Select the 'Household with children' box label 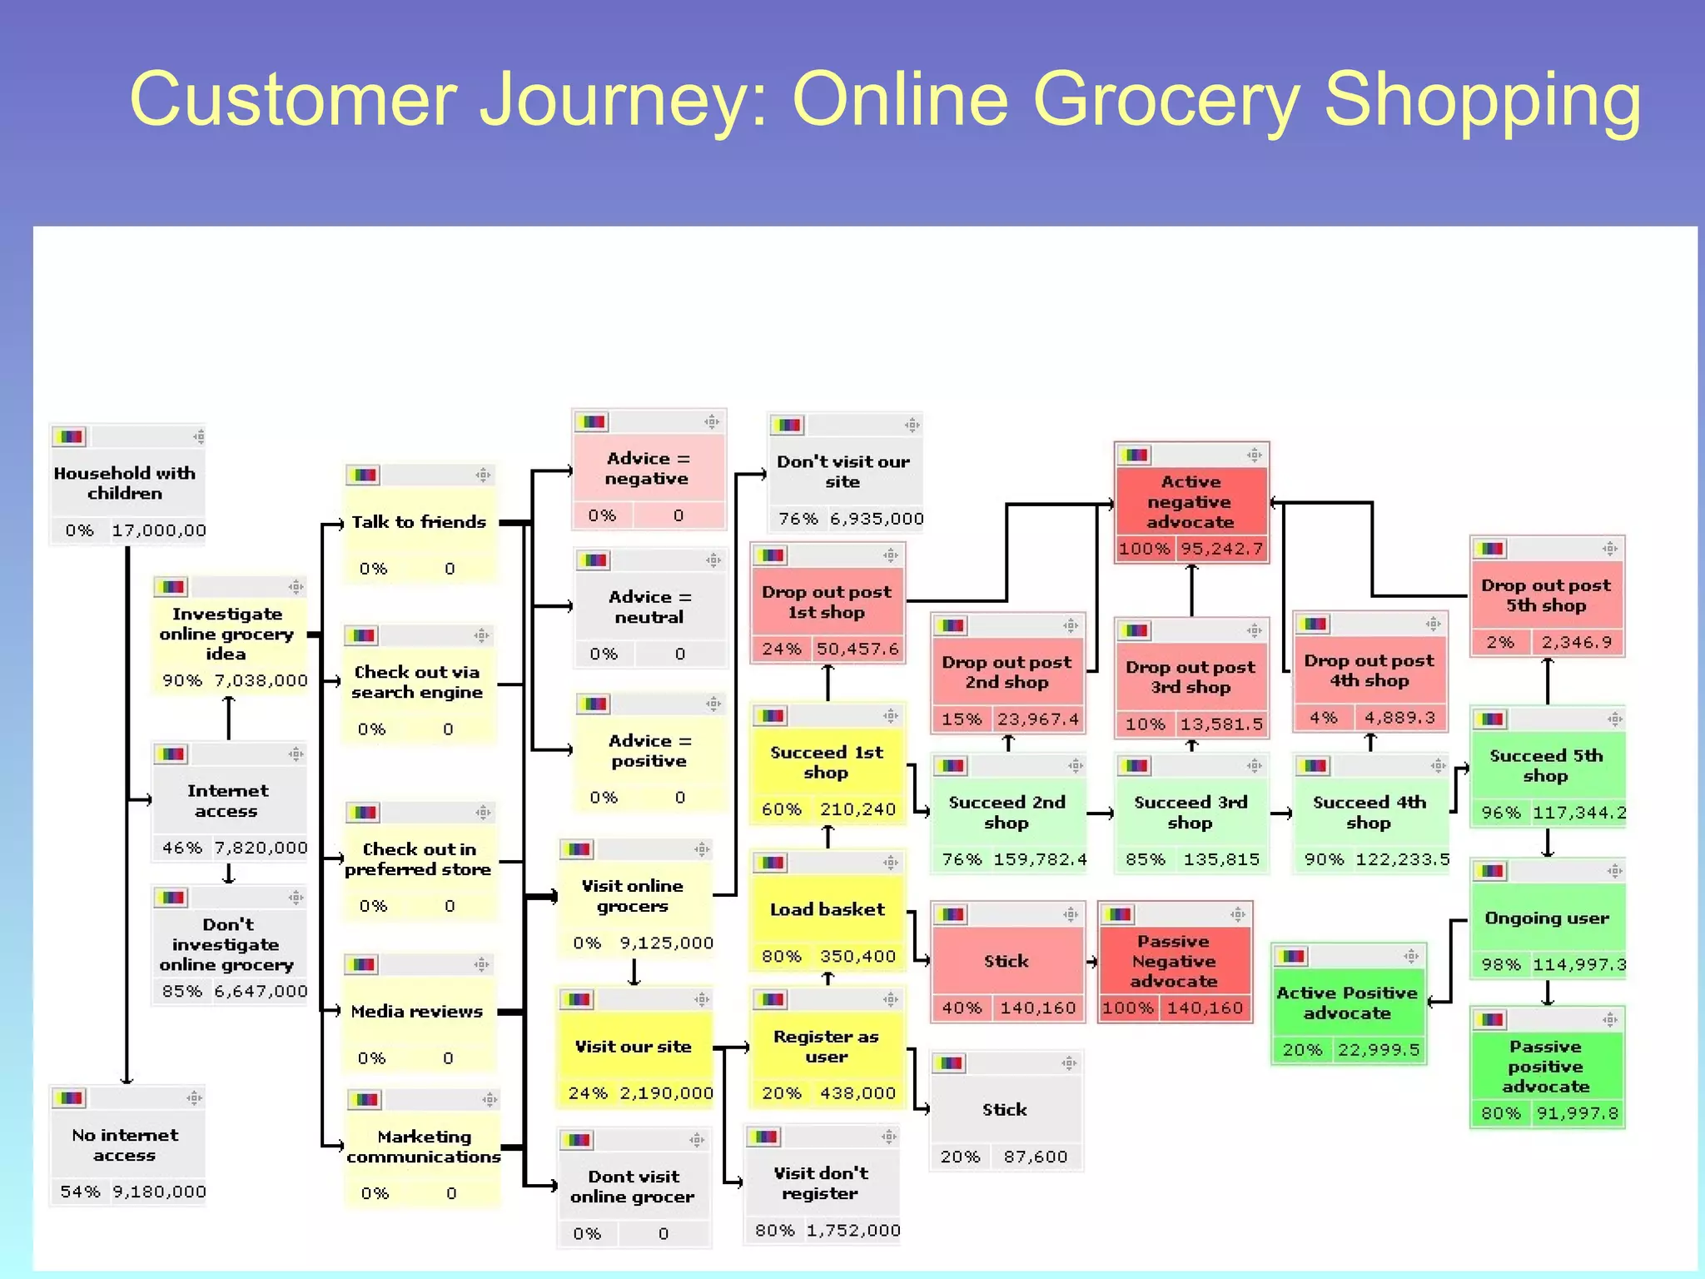coord(125,483)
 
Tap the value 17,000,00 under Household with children coord(158,530)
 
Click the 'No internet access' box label coord(125,1145)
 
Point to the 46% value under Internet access coord(181,848)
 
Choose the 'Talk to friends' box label coord(419,522)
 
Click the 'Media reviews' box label coord(417,1012)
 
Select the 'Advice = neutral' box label coord(649,607)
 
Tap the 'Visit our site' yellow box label coord(634,1047)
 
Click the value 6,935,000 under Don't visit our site coord(877,519)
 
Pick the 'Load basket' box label coord(828,909)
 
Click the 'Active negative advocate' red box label coord(1191,502)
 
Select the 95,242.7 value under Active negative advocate coord(1221,549)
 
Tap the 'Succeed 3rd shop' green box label coord(1191,812)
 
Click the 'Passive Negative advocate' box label coord(1174,961)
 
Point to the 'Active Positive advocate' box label coord(1347,1003)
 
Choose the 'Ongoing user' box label coord(1547,918)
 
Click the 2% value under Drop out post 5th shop coord(1500,642)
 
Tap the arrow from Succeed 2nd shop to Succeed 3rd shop coord(1101,814)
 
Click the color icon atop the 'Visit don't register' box coord(763,1137)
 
